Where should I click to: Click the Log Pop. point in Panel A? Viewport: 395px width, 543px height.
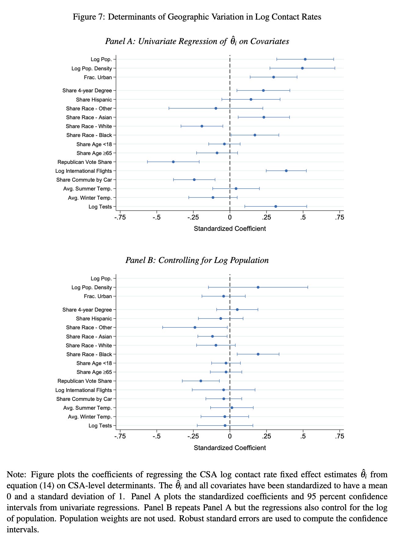tap(305, 59)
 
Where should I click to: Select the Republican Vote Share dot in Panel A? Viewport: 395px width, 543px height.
tap(173, 162)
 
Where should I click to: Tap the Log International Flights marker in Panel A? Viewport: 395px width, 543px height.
tap(286, 171)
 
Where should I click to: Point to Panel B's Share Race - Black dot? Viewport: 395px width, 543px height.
tap(258, 354)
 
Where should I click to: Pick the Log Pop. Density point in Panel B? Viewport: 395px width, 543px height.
tap(258, 287)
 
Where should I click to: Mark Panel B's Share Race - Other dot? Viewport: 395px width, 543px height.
tap(195, 327)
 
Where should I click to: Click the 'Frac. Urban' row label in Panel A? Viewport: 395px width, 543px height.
tap(98, 77)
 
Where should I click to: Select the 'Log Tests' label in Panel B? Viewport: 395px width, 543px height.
tap(100, 426)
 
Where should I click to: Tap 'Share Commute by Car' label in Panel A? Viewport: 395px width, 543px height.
tap(84, 180)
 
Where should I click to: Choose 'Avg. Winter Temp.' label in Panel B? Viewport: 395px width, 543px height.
tap(90, 417)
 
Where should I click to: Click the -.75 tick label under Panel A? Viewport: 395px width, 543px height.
tap(120, 217)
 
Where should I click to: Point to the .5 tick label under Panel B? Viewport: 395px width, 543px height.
tap(303, 436)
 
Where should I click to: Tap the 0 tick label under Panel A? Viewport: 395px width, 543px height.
tap(230, 217)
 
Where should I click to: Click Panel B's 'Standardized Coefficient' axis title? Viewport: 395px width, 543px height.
tap(230, 448)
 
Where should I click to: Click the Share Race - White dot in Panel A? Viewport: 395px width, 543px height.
tap(202, 126)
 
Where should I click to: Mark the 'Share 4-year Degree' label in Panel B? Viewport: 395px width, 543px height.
tap(87, 310)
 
